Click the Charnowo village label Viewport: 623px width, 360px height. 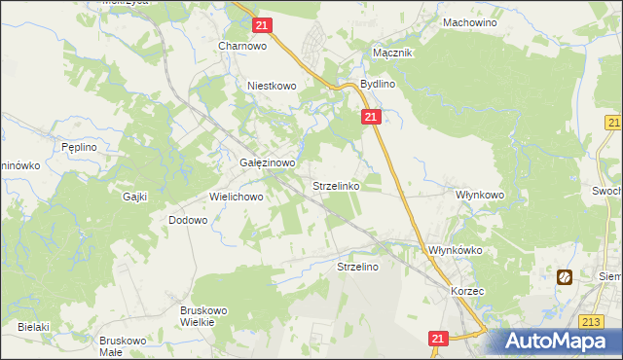(x=242, y=45)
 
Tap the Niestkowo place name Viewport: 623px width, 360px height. (x=271, y=86)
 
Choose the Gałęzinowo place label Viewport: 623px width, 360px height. (x=267, y=163)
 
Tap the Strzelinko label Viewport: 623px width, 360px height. (x=337, y=185)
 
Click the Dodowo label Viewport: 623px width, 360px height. (x=188, y=220)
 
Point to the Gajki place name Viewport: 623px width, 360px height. (x=134, y=197)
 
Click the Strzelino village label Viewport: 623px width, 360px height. (x=357, y=266)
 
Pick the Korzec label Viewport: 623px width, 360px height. (x=467, y=291)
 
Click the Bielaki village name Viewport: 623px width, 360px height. (x=32, y=327)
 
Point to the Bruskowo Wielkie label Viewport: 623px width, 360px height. (x=203, y=316)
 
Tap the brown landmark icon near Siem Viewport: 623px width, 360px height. (x=565, y=278)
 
